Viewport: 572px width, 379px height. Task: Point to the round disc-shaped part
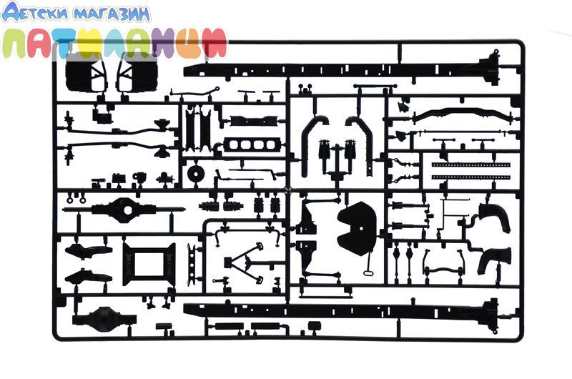(x=194, y=174)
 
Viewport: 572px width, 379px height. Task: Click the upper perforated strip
(x=470, y=167)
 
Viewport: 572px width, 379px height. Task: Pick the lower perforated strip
(x=470, y=176)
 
